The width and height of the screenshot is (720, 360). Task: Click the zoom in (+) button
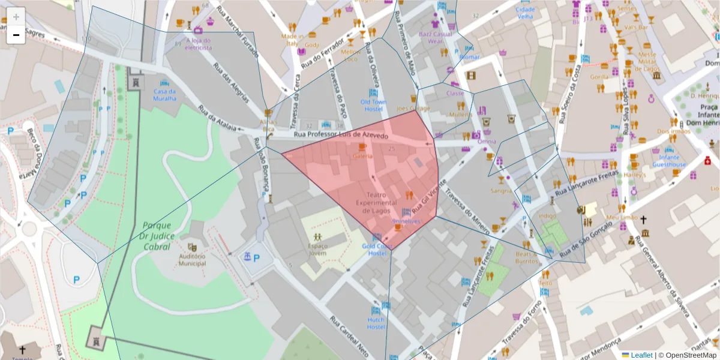pyautogui.click(x=16, y=16)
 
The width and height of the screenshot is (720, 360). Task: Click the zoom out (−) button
pyautogui.click(x=16, y=35)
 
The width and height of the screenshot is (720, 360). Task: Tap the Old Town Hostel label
pyautogui.click(x=372, y=106)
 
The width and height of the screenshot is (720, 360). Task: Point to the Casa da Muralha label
pyautogui.click(x=164, y=95)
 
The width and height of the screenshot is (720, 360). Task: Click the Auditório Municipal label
pyautogui.click(x=192, y=259)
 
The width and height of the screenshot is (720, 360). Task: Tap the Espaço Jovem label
pyautogui.click(x=317, y=249)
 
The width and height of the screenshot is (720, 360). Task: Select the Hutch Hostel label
pyautogui.click(x=376, y=323)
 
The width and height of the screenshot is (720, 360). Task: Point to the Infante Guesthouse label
pyautogui.click(x=669, y=161)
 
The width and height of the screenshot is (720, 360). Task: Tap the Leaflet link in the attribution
pyautogui.click(x=641, y=355)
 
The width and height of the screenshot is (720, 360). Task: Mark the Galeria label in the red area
pyautogui.click(x=362, y=156)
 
